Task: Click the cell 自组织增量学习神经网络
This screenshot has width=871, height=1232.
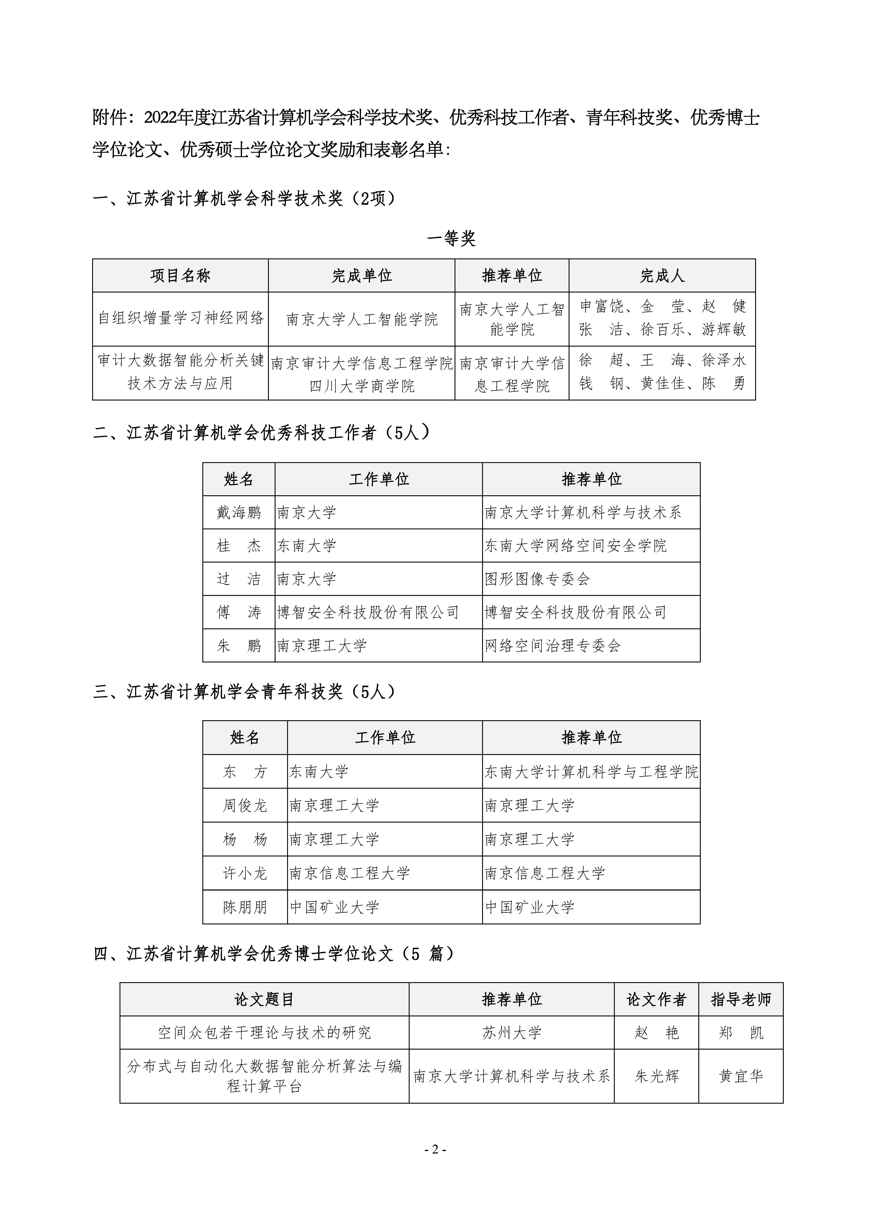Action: [x=181, y=318]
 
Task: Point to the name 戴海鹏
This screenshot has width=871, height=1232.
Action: [x=239, y=512]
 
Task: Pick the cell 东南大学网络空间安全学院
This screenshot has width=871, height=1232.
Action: [x=575, y=546]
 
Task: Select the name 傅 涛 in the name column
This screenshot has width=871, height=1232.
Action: [x=239, y=612]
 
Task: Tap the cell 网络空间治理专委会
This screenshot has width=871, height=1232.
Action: [x=552, y=646]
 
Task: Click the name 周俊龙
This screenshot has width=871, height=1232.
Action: [x=245, y=805]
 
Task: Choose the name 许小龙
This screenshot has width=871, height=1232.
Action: [x=245, y=873]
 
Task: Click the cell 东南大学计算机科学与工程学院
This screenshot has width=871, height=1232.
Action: [x=591, y=772]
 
